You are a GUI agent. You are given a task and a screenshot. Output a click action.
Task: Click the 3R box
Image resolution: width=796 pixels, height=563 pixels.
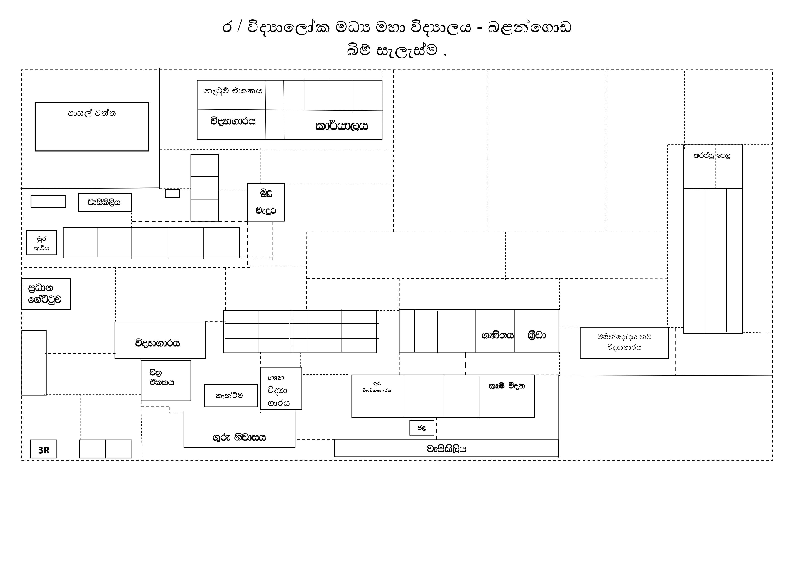[44, 449]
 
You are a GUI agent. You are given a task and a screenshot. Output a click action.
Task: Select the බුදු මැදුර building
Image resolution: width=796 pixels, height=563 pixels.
[266, 202]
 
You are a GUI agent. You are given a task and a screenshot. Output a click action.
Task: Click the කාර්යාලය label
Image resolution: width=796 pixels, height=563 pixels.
[341, 126]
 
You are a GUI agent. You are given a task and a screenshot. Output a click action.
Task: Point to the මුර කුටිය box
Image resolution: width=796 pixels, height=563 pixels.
[41, 243]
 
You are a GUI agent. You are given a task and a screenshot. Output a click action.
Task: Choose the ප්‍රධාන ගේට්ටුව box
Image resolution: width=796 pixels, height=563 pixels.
[45, 294]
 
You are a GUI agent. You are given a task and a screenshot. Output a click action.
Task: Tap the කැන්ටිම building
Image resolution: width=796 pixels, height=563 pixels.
[231, 396]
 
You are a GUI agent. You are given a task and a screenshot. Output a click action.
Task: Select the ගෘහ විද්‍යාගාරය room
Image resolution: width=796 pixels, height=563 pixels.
[281, 388]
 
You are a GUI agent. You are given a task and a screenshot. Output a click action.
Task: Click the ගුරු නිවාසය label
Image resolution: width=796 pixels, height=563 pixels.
[239, 438]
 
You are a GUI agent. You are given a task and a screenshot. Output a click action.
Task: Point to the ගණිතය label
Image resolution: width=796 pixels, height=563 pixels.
[497, 335]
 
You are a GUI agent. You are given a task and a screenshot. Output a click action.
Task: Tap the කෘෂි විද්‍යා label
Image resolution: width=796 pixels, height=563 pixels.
[507, 386]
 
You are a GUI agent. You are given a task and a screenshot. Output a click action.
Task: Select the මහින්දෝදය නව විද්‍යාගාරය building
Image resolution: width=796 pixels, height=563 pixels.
[624, 343]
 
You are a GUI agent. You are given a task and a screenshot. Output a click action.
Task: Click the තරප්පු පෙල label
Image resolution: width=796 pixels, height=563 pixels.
[712, 156]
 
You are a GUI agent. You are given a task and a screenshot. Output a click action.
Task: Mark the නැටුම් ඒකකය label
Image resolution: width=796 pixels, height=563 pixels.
[233, 91]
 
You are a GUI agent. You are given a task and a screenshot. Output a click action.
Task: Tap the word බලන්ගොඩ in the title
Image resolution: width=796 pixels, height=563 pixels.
[529, 27]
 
